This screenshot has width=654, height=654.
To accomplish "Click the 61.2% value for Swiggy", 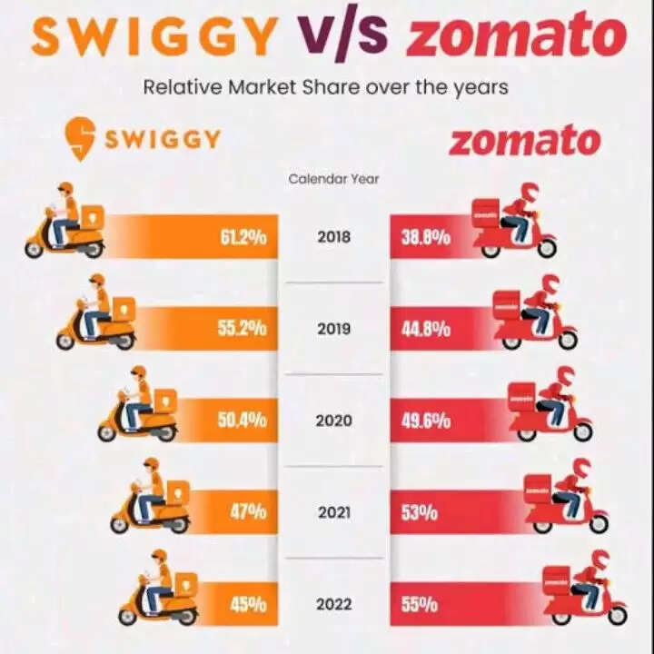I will tap(243, 238).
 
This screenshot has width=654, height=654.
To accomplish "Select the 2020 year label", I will tap(334, 421).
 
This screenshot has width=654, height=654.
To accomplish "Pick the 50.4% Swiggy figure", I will tap(242, 421).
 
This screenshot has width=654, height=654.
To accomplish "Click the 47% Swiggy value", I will tap(248, 511).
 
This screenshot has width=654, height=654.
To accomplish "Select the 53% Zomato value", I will tap(420, 512).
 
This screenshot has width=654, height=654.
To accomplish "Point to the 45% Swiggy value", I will tap(248, 603).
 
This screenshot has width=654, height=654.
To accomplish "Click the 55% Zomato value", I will tap(420, 603).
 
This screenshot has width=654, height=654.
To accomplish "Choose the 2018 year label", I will tap(334, 238).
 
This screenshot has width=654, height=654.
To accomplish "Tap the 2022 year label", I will tap(334, 603).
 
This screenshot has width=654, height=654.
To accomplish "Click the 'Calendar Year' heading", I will tap(334, 179).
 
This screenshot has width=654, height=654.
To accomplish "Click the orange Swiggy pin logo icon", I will tap(81, 139).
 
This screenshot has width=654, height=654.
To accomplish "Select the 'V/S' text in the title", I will tap(341, 37).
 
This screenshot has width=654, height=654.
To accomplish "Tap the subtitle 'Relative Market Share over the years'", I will tap(325, 88).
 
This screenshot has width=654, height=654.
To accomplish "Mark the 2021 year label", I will tap(334, 512).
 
